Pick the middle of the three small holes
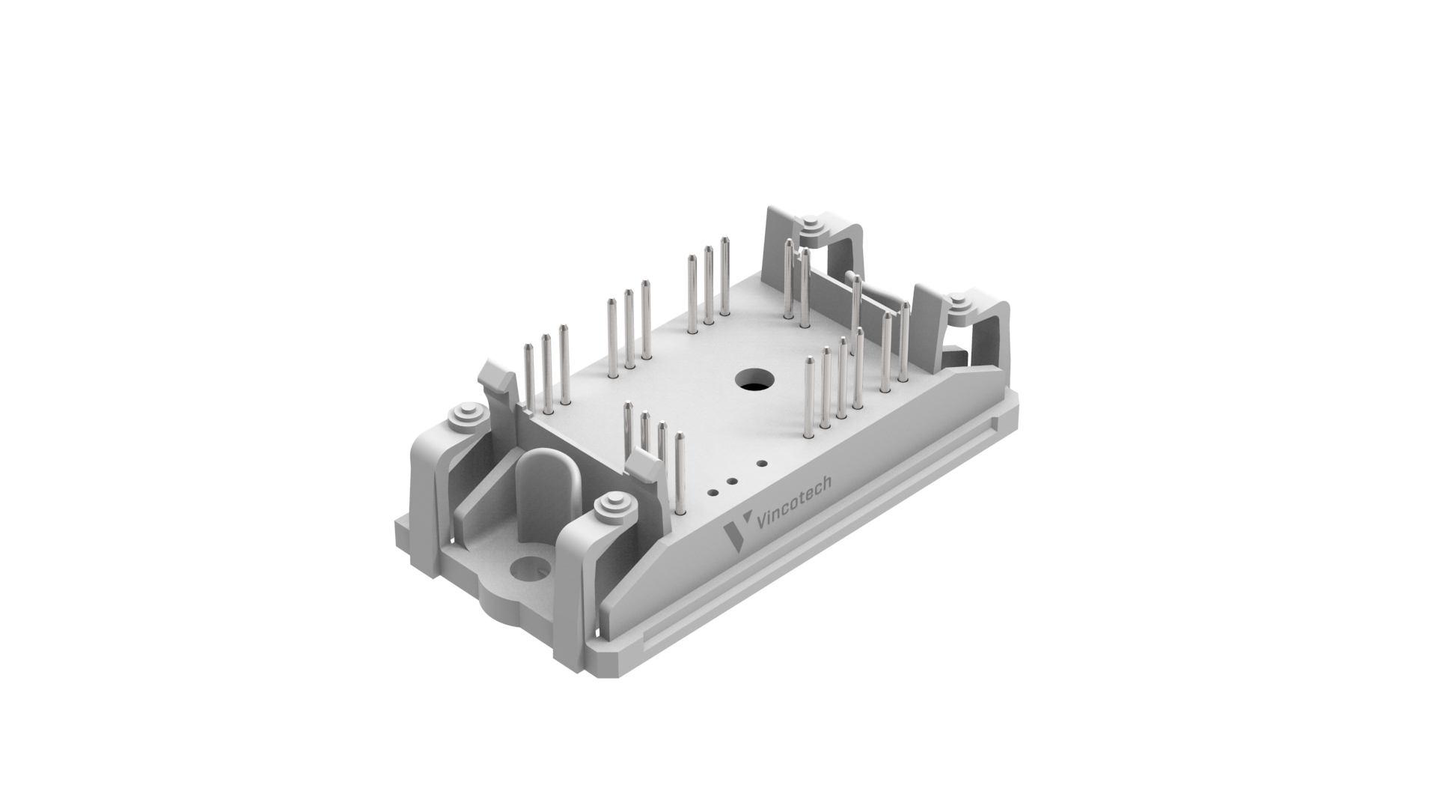[732, 482]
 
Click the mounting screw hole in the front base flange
[530, 568]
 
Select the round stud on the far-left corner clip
[466, 416]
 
